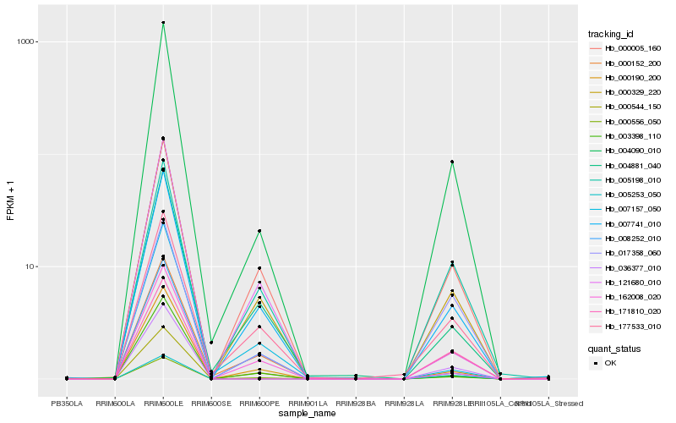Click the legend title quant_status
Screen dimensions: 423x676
coord(613,348)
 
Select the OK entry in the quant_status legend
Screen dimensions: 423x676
coord(610,363)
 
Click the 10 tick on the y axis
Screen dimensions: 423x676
coord(28,266)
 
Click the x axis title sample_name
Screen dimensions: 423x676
coord(308,413)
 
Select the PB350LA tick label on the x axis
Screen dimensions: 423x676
coord(67,404)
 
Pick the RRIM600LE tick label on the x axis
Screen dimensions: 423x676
coord(163,404)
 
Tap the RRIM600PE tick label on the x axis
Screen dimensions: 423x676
coord(259,404)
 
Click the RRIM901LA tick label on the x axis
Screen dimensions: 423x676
coord(308,404)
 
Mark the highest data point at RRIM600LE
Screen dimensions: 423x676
coord(163,23)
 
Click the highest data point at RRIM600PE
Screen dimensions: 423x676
coord(259,231)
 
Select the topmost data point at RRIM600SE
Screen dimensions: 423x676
coord(211,343)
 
